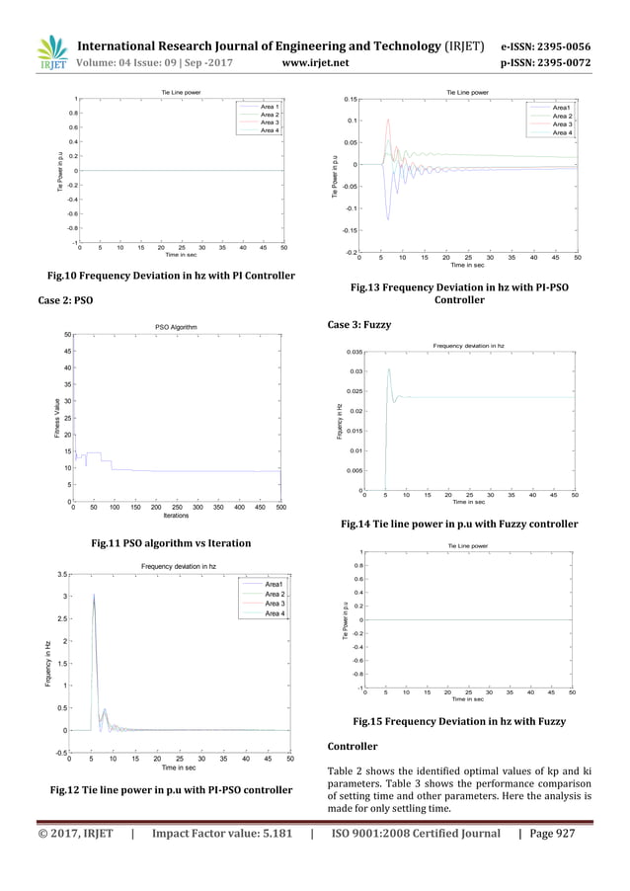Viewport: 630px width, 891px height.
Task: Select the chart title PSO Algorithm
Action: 177,327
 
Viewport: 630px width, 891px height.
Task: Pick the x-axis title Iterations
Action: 176,516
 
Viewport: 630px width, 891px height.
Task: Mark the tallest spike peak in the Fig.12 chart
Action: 94,595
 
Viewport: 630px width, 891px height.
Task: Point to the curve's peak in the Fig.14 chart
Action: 389,369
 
